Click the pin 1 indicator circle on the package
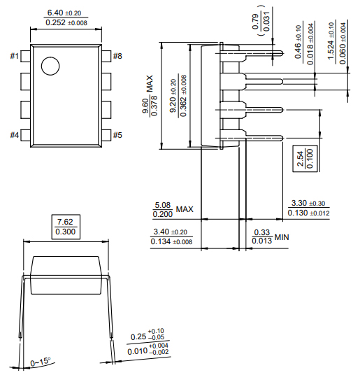pyautogui.click(x=50, y=66)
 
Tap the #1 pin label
pyautogui.click(x=15, y=56)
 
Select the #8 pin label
pyautogui.click(x=117, y=56)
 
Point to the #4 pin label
pyautogui.click(x=15, y=134)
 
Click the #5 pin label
pyautogui.click(x=117, y=134)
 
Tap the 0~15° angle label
pyautogui.click(x=41, y=362)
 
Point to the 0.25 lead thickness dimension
pyautogui.click(x=147, y=335)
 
